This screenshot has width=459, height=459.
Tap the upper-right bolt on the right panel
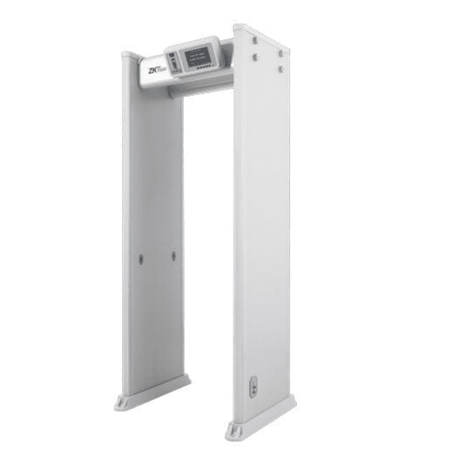[x=280, y=53]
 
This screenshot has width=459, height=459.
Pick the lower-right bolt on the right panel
[x=280, y=68]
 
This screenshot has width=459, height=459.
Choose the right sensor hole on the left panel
[x=174, y=256]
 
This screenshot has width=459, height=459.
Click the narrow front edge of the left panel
[x=126, y=229]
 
